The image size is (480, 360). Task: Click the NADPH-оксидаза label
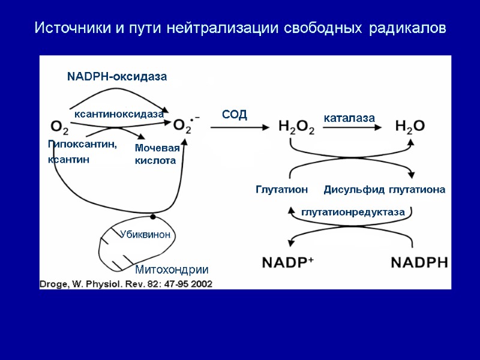click(116, 77)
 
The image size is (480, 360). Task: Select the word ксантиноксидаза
click(119, 113)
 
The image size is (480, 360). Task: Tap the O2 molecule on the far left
click(59, 127)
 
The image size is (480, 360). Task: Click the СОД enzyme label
click(235, 115)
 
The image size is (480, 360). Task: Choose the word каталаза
click(349, 118)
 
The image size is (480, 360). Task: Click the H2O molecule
click(410, 126)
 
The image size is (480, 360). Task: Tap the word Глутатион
click(281, 190)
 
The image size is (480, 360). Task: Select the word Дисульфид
click(354, 190)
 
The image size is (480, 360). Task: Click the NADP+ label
click(289, 262)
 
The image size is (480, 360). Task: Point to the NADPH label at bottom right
click(419, 263)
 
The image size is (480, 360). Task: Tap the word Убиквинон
click(145, 235)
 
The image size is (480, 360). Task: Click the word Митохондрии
click(172, 269)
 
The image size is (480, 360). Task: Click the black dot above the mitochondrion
click(153, 216)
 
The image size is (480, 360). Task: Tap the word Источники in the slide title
click(66, 28)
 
